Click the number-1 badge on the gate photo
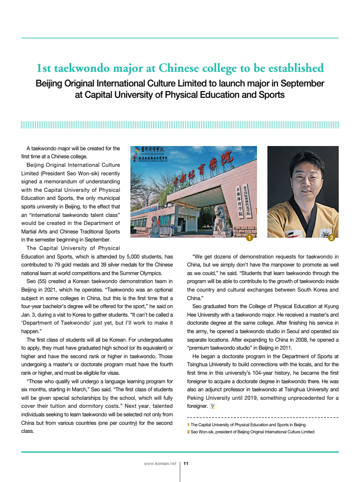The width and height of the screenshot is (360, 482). pyautogui.click(x=249, y=238)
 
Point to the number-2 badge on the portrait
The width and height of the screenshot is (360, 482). pyautogui.click(x=331, y=238)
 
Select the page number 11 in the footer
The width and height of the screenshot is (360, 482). pyautogui.click(x=186, y=464)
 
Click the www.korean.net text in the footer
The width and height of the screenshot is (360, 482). pyautogui.click(x=160, y=464)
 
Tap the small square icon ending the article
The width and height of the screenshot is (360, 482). pyautogui.click(x=213, y=406)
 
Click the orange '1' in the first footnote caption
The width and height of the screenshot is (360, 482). pyautogui.click(x=188, y=425)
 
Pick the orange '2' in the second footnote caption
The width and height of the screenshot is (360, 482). pyautogui.click(x=188, y=432)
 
